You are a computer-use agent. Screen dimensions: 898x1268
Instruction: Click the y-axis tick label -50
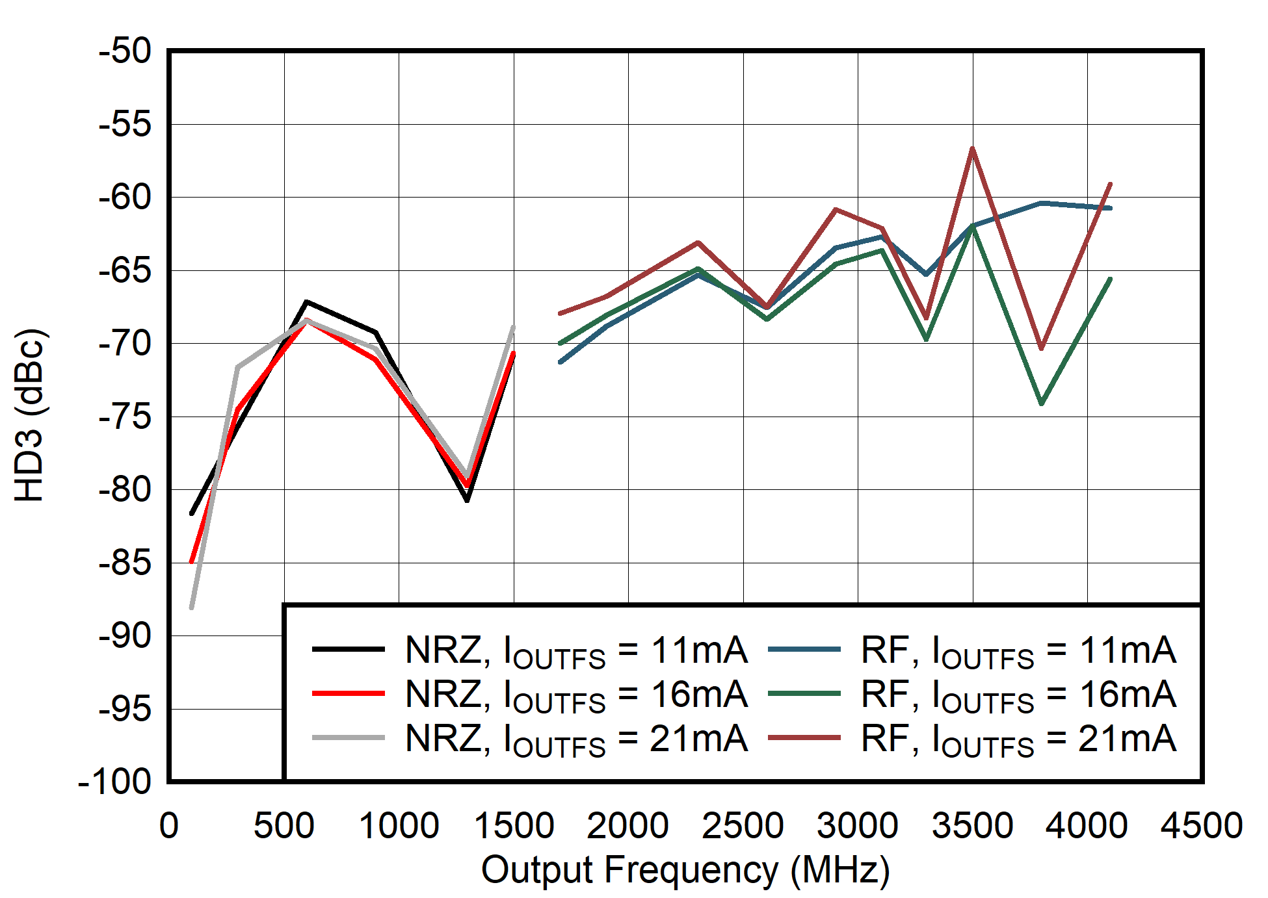coord(125,51)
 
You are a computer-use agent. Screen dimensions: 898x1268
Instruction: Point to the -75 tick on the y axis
coord(125,417)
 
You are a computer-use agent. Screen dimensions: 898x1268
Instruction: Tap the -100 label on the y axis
coord(114,782)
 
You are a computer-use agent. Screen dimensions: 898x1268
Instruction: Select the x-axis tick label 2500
coord(743,826)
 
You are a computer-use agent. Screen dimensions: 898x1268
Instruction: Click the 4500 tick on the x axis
coord(1202,826)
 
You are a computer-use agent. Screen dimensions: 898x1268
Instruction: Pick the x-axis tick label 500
coord(284,826)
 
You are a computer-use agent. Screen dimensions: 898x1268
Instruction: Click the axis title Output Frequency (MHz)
coord(685,870)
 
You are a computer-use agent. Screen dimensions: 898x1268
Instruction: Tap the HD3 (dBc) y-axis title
coord(30,416)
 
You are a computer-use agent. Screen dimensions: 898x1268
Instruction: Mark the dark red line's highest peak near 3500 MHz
coord(972,149)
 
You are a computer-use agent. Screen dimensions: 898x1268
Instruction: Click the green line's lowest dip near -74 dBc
coord(1042,404)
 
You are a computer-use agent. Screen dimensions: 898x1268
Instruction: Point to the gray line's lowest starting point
coord(191,608)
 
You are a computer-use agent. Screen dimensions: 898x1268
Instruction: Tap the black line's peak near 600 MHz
coord(306,302)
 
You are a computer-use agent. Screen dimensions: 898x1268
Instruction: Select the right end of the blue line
coord(1111,208)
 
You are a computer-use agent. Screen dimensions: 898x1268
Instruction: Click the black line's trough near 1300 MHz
coord(468,500)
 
